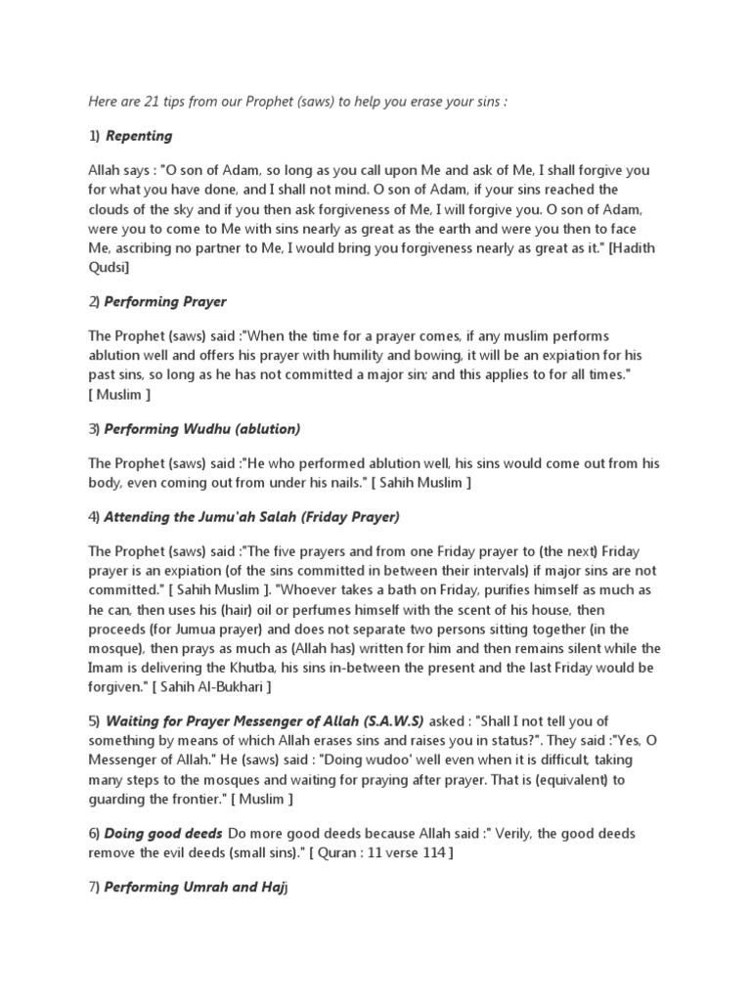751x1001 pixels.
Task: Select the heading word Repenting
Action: pyautogui.click(x=139, y=136)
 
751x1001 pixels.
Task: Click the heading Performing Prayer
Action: pyautogui.click(x=165, y=301)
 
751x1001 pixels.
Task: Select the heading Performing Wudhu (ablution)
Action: pyautogui.click(x=202, y=428)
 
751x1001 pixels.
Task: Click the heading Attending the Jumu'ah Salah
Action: pyautogui.click(x=252, y=516)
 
